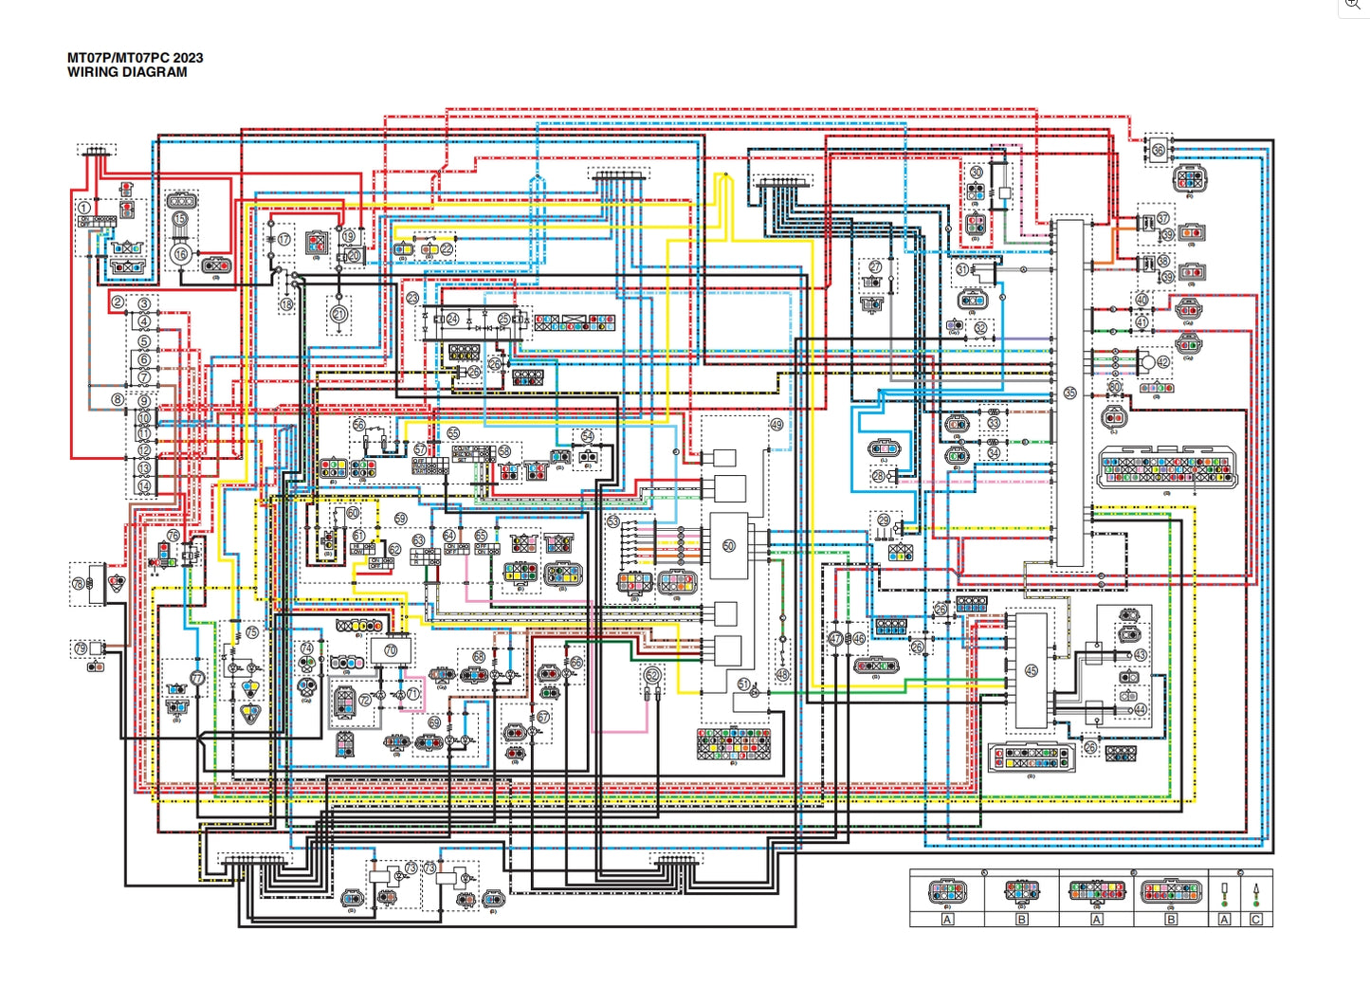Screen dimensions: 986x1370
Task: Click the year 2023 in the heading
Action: [x=188, y=58]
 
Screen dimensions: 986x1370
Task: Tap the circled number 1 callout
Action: [x=84, y=208]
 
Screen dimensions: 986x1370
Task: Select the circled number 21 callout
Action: [x=338, y=314]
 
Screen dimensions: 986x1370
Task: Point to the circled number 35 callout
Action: [x=1070, y=393]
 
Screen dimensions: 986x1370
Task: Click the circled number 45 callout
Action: [x=1032, y=670]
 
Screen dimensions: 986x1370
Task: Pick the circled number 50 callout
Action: [x=728, y=546]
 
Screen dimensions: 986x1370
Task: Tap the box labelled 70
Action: [x=391, y=651]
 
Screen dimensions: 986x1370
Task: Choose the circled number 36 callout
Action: [x=1158, y=150]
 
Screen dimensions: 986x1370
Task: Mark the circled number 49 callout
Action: [x=776, y=425]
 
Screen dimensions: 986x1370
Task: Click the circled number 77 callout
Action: [x=196, y=679]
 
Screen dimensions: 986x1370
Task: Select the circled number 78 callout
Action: [x=79, y=584]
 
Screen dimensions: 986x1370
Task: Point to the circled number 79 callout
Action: [x=81, y=649]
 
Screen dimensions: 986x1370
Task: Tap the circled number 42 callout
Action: [x=1163, y=361]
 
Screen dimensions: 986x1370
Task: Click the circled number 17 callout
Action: [x=283, y=240]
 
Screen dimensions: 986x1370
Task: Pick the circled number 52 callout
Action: [x=652, y=675]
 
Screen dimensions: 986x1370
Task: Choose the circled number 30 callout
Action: [x=977, y=173]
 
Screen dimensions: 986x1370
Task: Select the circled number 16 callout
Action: [x=180, y=254]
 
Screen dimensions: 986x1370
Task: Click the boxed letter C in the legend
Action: [x=1256, y=920]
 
